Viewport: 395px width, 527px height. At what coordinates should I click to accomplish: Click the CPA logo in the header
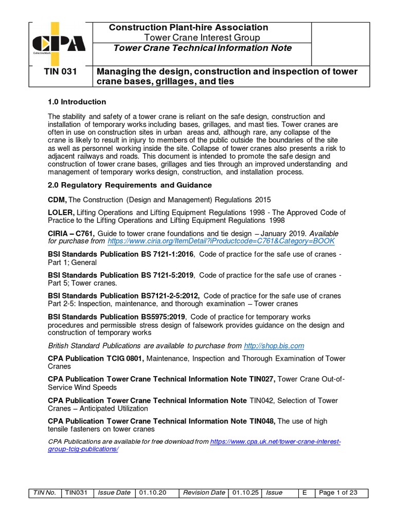click(58, 43)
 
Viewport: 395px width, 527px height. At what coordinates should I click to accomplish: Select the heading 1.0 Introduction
click(77, 101)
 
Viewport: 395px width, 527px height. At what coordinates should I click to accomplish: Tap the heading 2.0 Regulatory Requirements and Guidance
click(129, 185)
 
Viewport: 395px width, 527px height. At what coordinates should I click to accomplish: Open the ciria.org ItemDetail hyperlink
click(221, 241)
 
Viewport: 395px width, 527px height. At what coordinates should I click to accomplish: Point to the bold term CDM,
click(58, 199)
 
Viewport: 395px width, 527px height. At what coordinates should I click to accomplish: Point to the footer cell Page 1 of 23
click(338, 493)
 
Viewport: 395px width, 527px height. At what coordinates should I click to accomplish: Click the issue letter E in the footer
click(305, 493)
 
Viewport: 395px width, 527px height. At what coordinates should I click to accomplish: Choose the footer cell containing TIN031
click(76, 493)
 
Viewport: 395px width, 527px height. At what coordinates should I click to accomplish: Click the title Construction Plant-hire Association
click(188, 27)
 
